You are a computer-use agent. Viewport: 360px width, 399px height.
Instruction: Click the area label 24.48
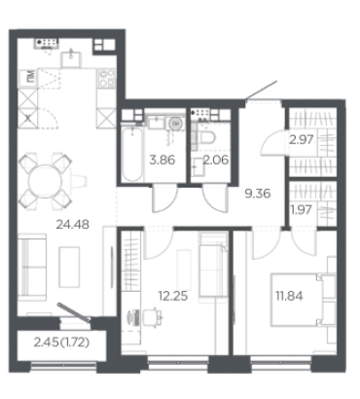point(72,225)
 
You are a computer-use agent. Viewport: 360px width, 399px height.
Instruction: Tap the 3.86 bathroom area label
point(162,160)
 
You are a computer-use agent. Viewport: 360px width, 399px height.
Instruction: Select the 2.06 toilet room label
point(216,160)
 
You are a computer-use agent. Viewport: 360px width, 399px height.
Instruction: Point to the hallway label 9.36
point(258,194)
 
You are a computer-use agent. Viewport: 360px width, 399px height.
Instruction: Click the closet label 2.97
point(302,140)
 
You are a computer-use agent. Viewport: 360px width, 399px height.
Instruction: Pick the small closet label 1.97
point(301,210)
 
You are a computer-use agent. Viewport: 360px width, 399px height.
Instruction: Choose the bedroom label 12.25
point(173,296)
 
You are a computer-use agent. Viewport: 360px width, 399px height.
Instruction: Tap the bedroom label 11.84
point(289,296)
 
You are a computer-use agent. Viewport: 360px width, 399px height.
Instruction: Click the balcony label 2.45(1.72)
point(61,343)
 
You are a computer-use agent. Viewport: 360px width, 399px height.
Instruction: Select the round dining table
point(45,181)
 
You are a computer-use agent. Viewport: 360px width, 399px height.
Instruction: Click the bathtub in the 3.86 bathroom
point(132,154)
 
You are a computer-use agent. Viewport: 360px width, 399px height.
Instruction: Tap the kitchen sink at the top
point(71,57)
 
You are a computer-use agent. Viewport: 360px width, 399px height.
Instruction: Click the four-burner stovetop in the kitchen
point(107,78)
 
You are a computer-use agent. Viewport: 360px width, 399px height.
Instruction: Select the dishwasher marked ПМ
point(28,78)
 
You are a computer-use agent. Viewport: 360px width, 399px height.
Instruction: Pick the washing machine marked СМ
point(176,124)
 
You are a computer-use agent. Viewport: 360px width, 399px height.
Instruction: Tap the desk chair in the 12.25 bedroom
point(152,315)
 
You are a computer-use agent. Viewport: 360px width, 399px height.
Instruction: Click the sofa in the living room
point(32,267)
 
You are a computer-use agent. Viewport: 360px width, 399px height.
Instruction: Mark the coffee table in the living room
point(69,267)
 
